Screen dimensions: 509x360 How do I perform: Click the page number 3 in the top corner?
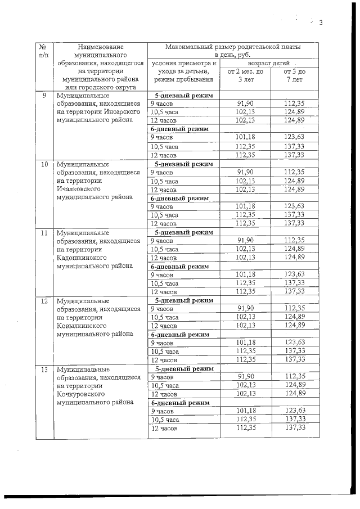[321, 23]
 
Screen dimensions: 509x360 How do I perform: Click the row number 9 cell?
[44, 95]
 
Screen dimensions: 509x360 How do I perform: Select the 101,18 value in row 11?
[245, 274]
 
